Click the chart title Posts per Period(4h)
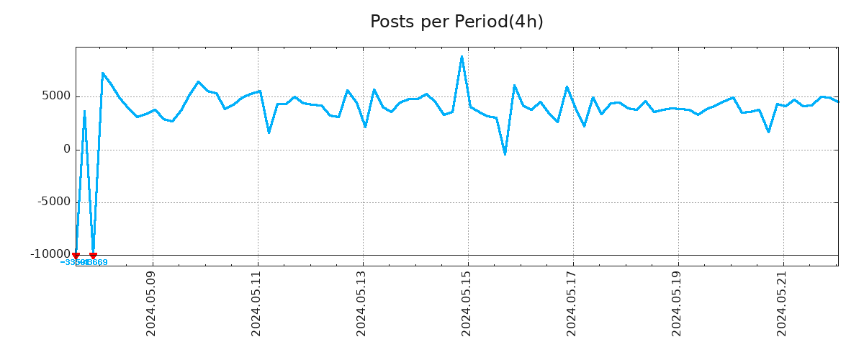click(x=456, y=22)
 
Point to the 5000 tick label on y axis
click(x=56, y=96)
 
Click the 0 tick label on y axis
click(x=67, y=150)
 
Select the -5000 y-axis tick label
click(x=54, y=202)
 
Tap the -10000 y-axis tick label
click(x=50, y=254)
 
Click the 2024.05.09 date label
click(x=151, y=303)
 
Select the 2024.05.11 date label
click(x=256, y=303)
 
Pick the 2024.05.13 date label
click(x=361, y=303)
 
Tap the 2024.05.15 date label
click(x=467, y=303)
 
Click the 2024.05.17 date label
click(x=572, y=303)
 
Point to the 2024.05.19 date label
click(x=677, y=303)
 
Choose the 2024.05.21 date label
click(x=782, y=303)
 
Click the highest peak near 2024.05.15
click(x=462, y=56)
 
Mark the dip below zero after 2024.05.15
click(x=505, y=154)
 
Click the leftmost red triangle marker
click(x=76, y=256)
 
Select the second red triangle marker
click(x=93, y=256)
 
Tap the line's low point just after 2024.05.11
click(x=269, y=132)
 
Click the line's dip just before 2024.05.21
click(x=768, y=132)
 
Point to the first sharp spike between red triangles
click(x=84, y=112)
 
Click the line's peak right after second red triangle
click(x=102, y=73)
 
